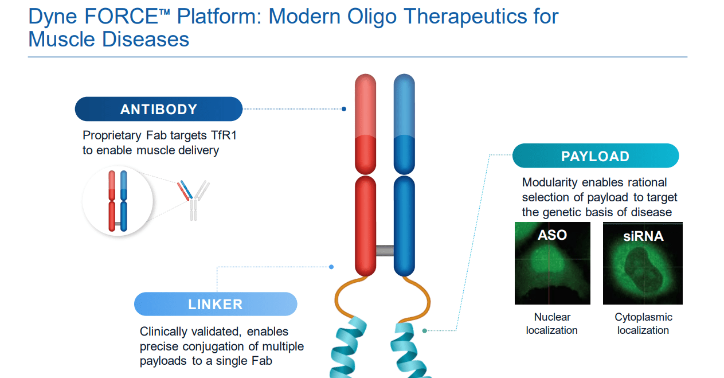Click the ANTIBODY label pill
click(x=159, y=109)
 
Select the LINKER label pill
click(x=216, y=304)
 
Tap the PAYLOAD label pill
click(x=595, y=156)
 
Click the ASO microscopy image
click(x=552, y=263)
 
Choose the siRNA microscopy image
click(x=643, y=263)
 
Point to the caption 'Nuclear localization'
click(x=551, y=324)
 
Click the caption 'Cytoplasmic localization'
click(x=643, y=324)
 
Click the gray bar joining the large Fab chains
click(x=384, y=250)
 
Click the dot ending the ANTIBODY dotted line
click(x=344, y=108)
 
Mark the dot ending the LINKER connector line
click(x=331, y=267)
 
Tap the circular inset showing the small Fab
click(x=118, y=201)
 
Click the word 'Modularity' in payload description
click(x=550, y=182)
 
